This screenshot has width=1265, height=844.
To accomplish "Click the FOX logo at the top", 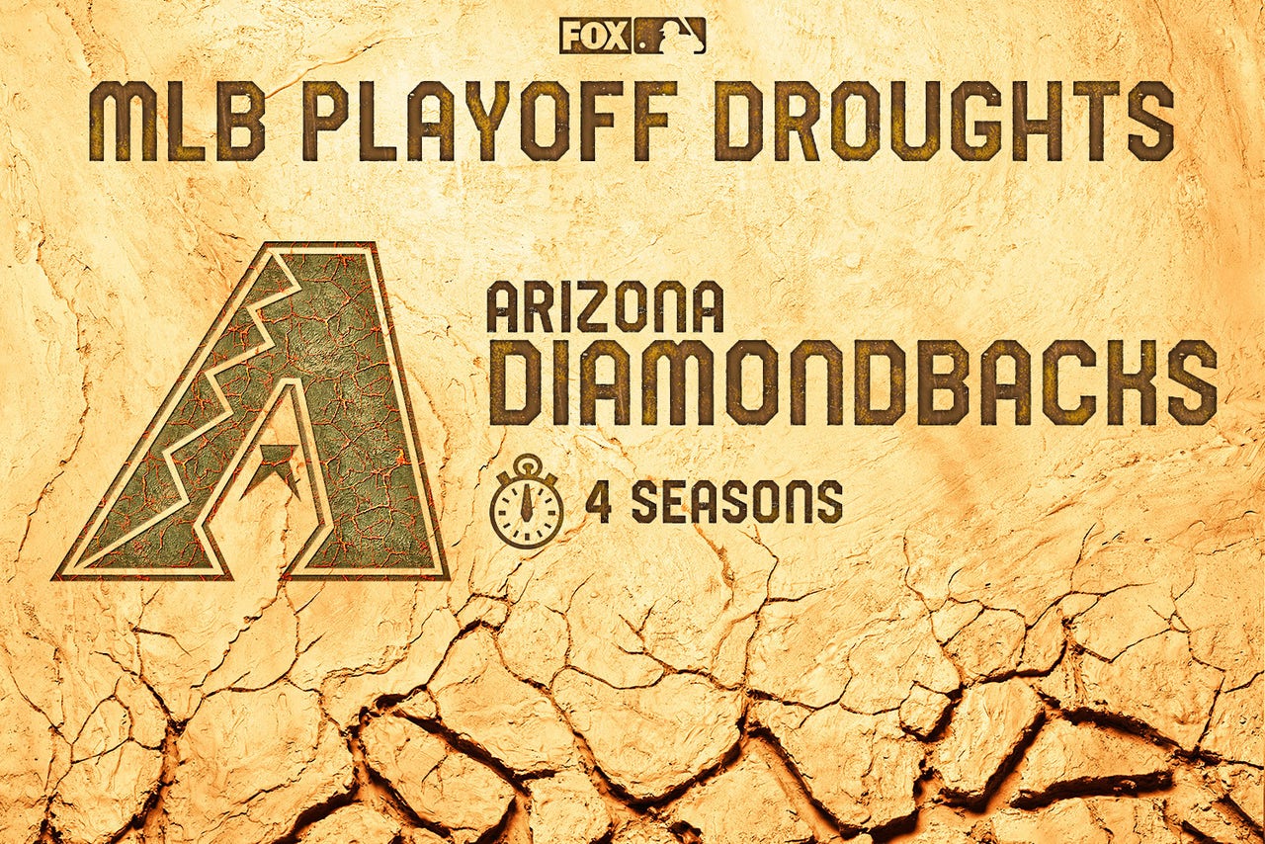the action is pyautogui.click(x=595, y=37).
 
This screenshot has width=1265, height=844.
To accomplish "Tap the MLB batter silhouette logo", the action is pyautogui.click(x=670, y=37).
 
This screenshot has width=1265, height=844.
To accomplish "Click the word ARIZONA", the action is pyautogui.click(x=605, y=308).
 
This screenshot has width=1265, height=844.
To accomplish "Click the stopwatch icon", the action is pyautogui.click(x=527, y=500).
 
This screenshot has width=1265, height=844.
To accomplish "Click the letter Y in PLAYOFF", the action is pyautogui.click(x=485, y=121).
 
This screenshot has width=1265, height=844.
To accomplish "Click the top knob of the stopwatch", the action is pyautogui.click(x=527, y=463).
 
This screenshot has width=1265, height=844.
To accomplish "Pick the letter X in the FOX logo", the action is pyautogui.click(x=617, y=37).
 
